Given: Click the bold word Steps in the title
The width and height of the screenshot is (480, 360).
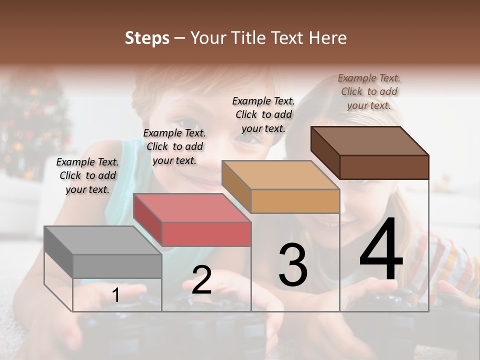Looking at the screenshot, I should tap(147, 38).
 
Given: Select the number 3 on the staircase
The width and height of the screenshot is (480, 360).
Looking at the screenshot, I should tap(292, 265).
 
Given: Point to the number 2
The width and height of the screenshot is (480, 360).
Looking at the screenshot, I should tap(201, 280).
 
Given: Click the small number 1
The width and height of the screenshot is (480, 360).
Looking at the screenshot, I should tap(116, 295).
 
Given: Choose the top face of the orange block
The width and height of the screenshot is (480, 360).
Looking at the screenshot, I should tap(280, 175).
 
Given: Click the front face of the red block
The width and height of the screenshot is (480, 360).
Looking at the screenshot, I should tap(206, 234).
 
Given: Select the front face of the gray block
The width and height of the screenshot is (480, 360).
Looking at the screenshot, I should tap(117, 266).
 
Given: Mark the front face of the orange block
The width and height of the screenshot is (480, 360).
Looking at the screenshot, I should tap(295, 201).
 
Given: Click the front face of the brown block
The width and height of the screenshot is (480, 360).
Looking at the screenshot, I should tap(384, 167).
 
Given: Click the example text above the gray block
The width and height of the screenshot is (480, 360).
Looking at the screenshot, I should tap(87, 175).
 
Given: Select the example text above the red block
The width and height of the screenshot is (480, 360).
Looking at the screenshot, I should tap(174, 146).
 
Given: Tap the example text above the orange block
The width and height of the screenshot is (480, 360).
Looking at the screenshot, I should tap(263, 114).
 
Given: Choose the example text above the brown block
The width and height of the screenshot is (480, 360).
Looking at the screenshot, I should tap(369, 91).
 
